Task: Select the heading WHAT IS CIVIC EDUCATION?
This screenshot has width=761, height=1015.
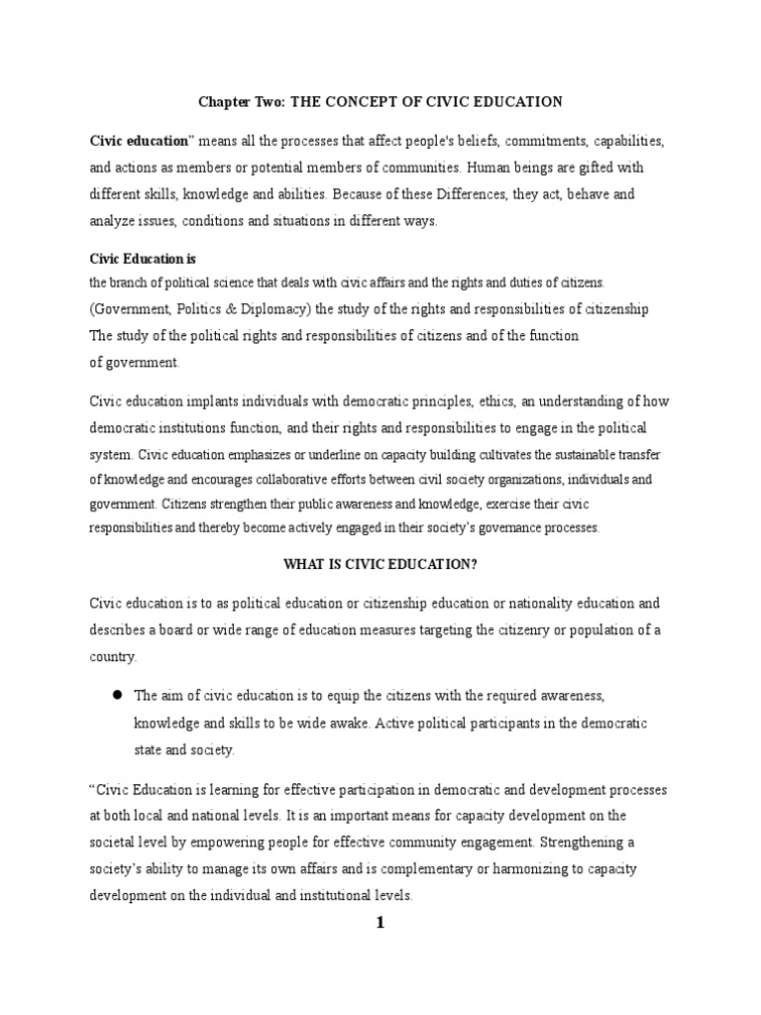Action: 380,564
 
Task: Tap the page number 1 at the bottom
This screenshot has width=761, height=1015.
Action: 380,924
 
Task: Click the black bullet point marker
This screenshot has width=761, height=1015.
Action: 116,695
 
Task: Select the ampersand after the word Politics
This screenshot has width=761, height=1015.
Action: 251,309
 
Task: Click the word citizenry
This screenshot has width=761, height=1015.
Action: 490,630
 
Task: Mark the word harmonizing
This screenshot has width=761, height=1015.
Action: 498,868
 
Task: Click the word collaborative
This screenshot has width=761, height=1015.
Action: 281,479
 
